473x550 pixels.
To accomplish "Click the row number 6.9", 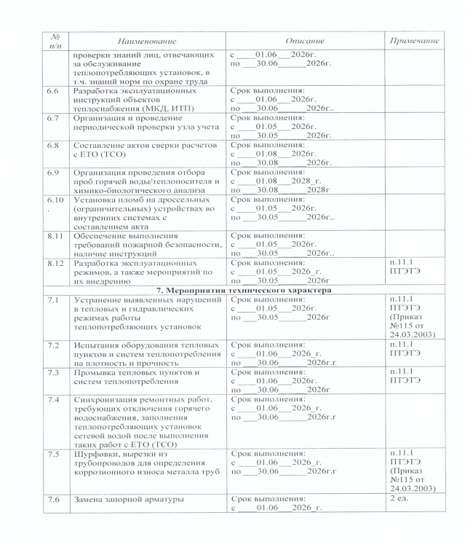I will [x=52, y=173].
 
